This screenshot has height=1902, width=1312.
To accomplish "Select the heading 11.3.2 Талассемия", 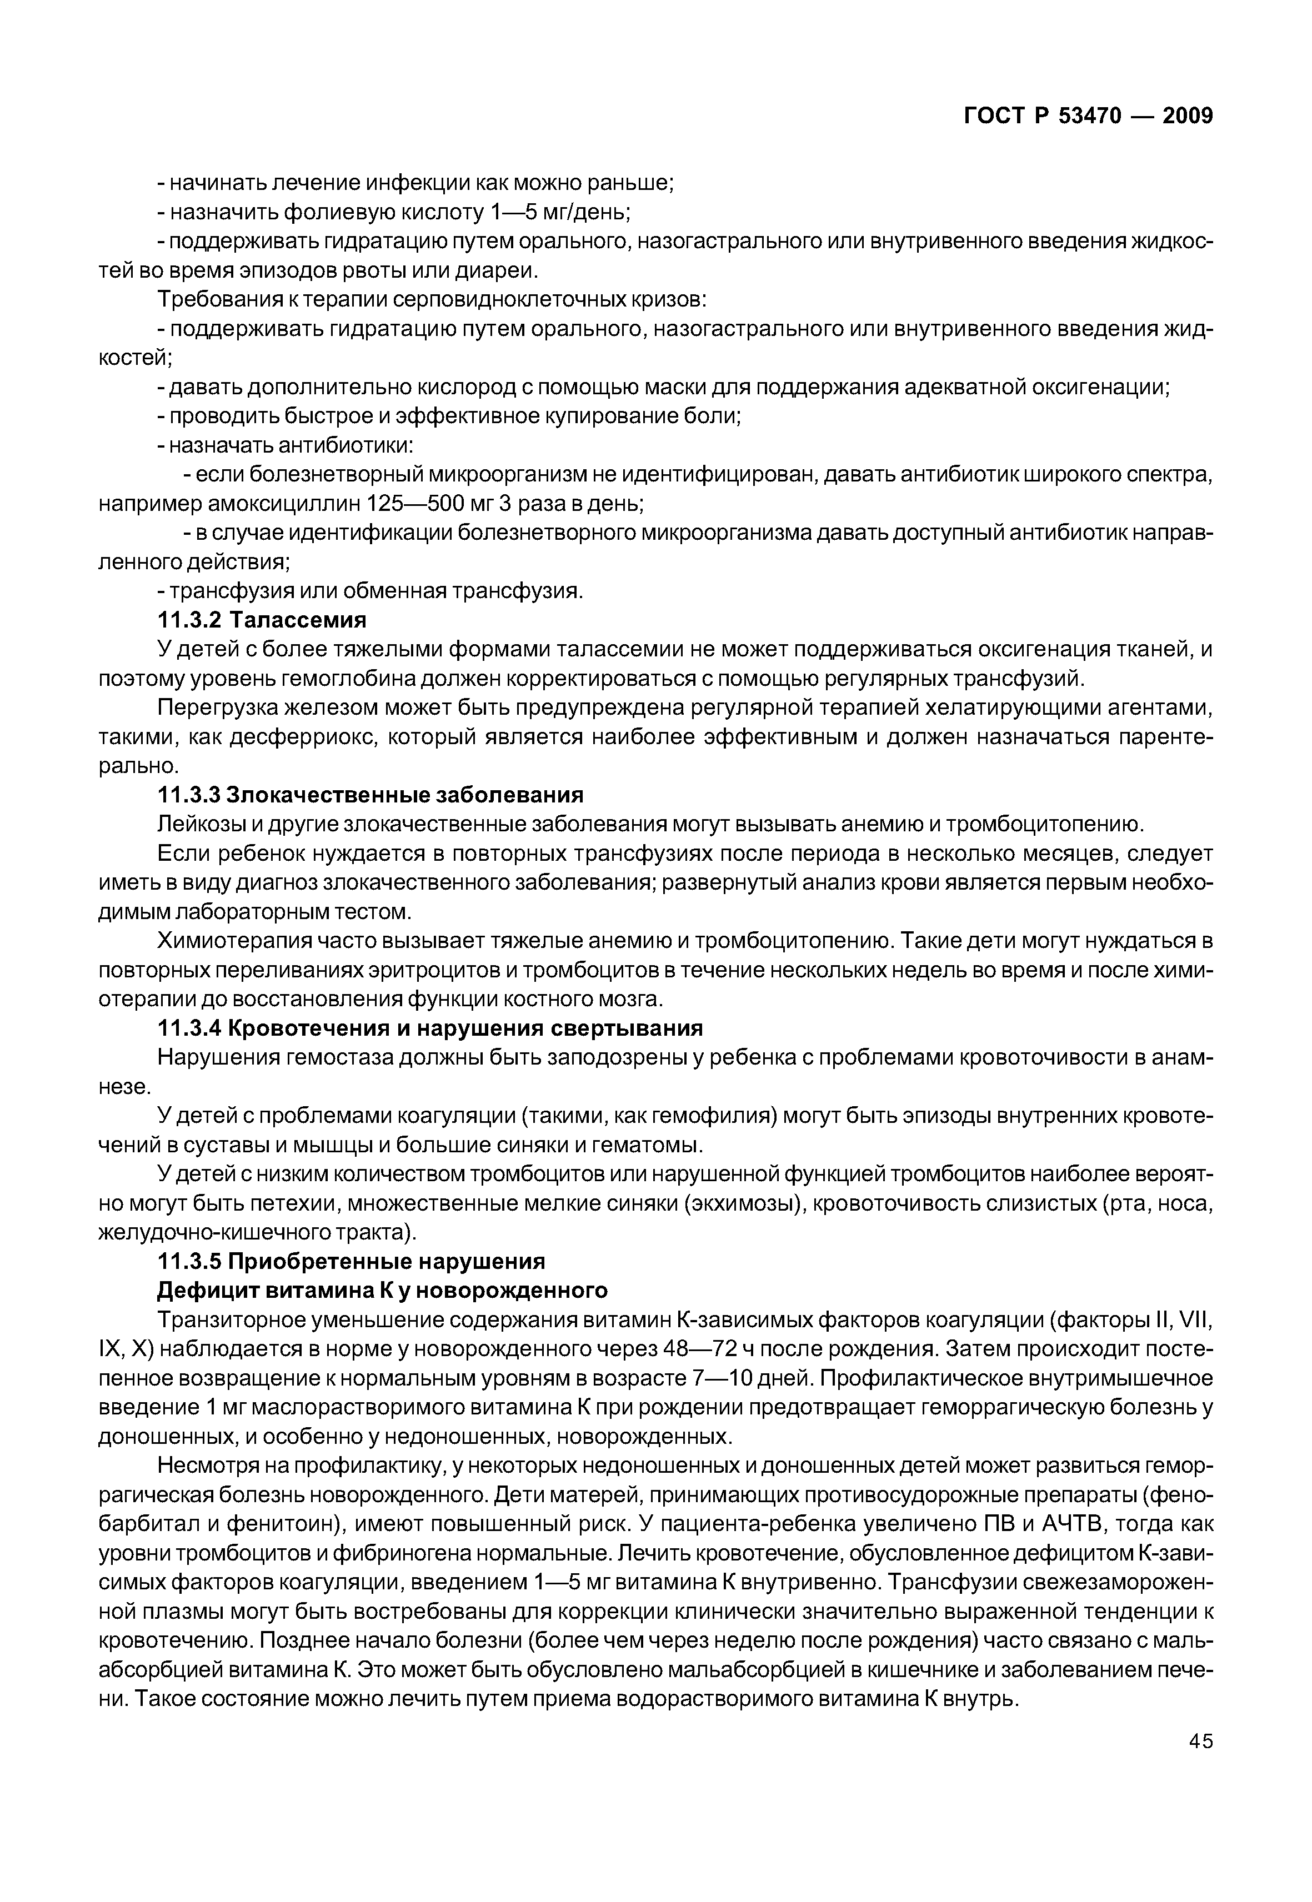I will pos(262,620).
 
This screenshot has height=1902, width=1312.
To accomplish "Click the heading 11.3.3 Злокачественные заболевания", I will pos(370,795).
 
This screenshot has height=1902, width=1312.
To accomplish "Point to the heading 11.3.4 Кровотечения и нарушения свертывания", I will pos(429,1028).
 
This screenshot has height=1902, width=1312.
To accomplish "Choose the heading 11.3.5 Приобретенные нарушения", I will pos(351,1261).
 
